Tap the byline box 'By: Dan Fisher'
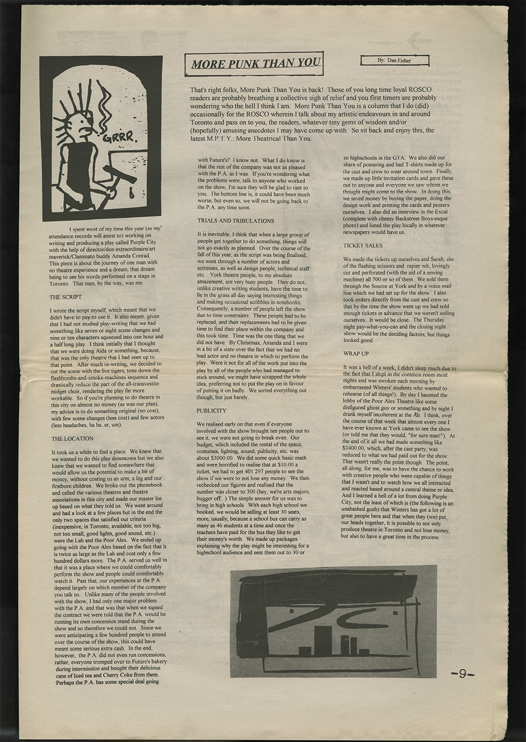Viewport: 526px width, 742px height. coord(394,61)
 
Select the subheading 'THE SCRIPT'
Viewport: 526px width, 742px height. coord(65,297)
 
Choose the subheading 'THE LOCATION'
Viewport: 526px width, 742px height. coord(72,438)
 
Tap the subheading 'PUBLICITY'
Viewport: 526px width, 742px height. coord(212,410)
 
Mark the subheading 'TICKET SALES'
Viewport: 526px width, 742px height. coord(362,246)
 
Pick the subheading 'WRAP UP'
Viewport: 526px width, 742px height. coord(356,354)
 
